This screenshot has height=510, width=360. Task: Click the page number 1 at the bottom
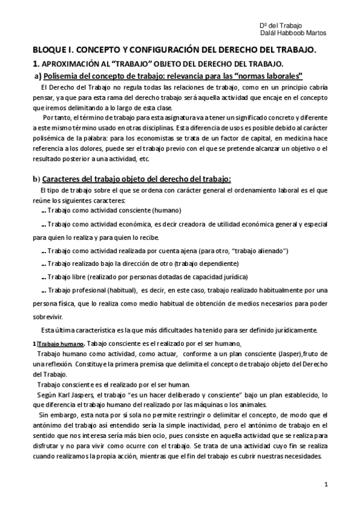(325, 484)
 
